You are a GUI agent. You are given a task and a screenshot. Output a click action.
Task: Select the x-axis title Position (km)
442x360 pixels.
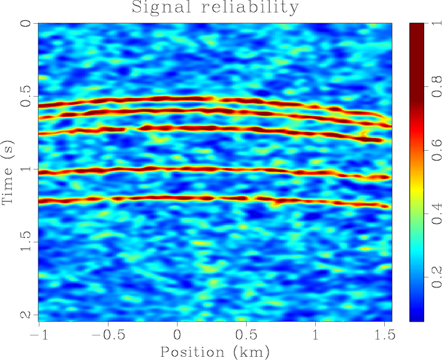click(x=215, y=351)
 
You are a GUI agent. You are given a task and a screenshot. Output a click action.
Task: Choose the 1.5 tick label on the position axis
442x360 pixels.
click(x=384, y=334)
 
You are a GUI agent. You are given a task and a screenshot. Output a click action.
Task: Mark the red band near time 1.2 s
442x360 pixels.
click(x=162, y=199)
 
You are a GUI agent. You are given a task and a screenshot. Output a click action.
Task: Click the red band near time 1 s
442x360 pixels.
click(x=162, y=169)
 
